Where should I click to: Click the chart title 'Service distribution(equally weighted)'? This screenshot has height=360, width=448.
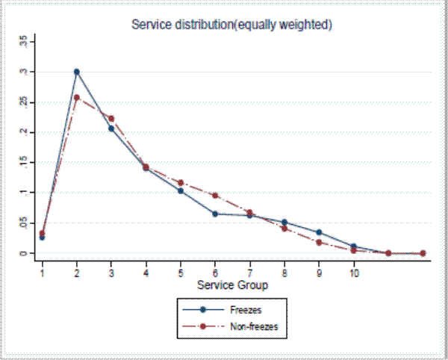pyautogui.click(x=231, y=25)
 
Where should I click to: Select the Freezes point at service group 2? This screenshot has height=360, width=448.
pyautogui.click(x=76, y=72)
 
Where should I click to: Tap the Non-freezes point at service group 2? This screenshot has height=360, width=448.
pyautogui.click(x=76, y=97)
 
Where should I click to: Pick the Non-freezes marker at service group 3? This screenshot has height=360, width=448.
pyautogui.click(x=111, y=118)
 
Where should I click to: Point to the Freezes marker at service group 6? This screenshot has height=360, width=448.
pyautogui.click(x=215, y=214)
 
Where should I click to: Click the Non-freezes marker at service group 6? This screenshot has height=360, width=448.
pyautogui.click(x=215, y=196)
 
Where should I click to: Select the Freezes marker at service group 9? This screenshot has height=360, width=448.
pyautogui.click(x=319, y=232)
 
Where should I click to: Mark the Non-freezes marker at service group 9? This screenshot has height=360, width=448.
pyautogui.click(x=319, y=242)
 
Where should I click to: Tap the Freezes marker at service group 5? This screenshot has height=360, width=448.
pyautogui.click(x=181, y=190)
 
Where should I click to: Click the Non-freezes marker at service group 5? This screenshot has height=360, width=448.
pyautogui.click(x=181, y=182)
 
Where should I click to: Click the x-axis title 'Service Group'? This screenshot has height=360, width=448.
pyautogui.click(x=231, y=285)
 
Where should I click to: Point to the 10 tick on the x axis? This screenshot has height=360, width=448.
pyautogui.click(x=354, y=273)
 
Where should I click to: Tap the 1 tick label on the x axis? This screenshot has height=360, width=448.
pyautogui.click(x=42, y=273)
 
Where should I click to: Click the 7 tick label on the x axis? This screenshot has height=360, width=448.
pyautogui.click(x=250, y=273)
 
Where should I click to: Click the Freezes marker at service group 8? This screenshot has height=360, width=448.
pyautogui.click(x=284, y=222)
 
